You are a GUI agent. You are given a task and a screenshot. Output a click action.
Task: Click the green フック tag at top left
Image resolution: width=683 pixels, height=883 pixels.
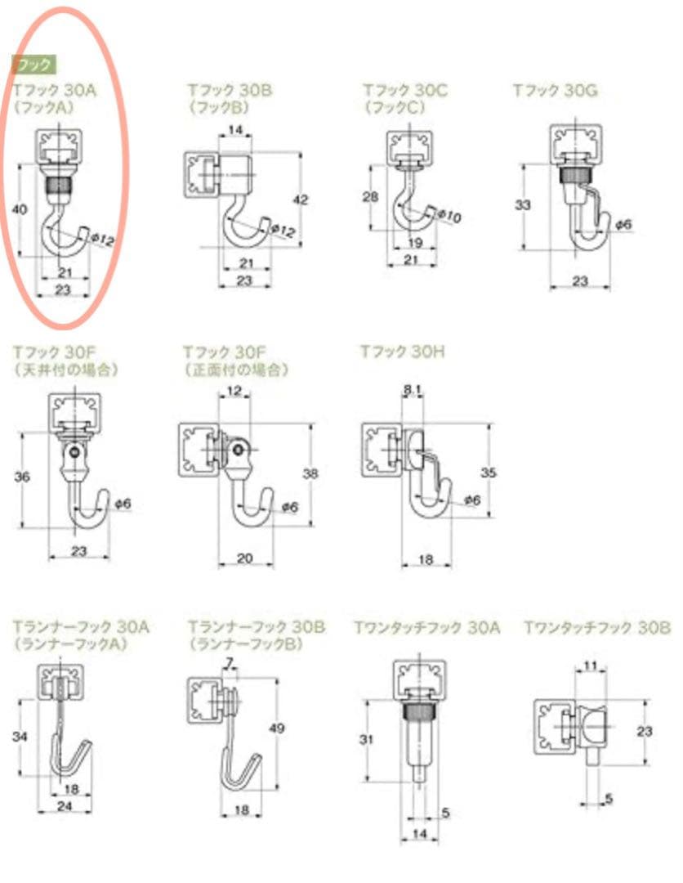[33, 65]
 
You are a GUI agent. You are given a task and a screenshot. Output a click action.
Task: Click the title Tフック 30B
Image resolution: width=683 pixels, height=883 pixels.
[230, 90]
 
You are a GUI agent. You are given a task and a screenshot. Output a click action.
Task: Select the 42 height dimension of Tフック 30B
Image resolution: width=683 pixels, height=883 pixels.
[301, 199]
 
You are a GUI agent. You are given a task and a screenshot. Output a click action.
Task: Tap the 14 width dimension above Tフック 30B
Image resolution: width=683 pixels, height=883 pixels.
[235, 130]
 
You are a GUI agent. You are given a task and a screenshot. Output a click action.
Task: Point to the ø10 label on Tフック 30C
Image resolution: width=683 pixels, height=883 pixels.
[449, 216]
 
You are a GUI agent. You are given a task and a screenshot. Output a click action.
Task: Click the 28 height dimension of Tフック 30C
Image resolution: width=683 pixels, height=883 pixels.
[370, 196]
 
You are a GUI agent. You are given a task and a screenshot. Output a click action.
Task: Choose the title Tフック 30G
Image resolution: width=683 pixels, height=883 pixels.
[555, 90]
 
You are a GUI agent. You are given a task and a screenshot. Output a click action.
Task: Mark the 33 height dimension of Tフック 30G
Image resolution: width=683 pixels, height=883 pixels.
[523, 204]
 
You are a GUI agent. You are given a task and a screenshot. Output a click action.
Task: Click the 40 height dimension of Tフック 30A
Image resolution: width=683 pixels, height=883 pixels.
[19, 209]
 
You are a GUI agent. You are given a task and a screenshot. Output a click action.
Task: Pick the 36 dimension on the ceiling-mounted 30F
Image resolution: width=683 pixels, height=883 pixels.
[22, 477]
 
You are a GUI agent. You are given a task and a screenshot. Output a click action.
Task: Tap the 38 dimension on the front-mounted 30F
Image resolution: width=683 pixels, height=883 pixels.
[310, 473]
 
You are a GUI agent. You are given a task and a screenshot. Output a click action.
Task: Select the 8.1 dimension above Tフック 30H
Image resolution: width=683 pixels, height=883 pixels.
[413, 390]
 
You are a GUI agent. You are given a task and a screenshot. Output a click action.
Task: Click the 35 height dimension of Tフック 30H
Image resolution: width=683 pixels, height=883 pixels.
[489, 473]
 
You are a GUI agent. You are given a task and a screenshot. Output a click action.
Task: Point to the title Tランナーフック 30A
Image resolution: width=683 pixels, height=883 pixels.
[81, 627]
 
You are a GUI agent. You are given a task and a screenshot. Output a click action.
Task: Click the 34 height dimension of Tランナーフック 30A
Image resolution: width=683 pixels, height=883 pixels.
[20, 736]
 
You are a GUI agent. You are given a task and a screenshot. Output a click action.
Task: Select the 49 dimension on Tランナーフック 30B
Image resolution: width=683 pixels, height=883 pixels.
[276, 728]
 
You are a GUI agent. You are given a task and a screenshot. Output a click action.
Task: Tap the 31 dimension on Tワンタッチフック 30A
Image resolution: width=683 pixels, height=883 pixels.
[366, 739]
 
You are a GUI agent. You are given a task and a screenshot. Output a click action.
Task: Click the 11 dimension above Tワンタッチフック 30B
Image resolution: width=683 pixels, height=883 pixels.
[590, 666]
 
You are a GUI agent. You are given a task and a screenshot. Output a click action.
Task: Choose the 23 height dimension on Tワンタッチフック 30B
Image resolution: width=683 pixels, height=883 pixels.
[644, 731]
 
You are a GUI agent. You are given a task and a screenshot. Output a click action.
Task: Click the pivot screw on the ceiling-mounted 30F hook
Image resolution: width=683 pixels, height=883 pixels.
[75, 450]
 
